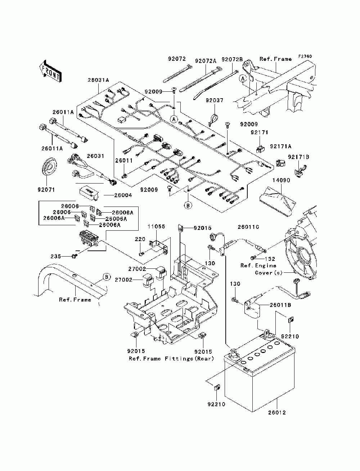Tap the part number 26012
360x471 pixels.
click(x=277, y=413)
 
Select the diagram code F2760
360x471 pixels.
click(x=305, y=56)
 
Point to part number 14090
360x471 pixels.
click(x=281, y=180)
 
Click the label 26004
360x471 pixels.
click(x=123, y=195)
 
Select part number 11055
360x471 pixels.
click(x=156, y=227)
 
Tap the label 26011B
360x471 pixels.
click(x=280, y=305)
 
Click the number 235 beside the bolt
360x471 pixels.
click(x=56, y=257)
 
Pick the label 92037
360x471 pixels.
click(x=215, y=100)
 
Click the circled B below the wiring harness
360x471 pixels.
click(x=188, y=205)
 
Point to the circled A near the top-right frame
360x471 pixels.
click(x=243, y=79)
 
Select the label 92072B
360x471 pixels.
click(x=232, y=59)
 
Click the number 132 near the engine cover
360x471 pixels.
click(x=270, y=259)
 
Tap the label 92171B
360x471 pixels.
click(x=298, y=157)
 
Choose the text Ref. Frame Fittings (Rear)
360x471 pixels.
click(x=171, y=359)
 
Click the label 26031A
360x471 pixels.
click(x=98, y=80)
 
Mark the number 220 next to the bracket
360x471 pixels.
click(x=140, y=239)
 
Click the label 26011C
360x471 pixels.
click(x=248, y=227)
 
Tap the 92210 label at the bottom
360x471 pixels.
click(x=216, y=404)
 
